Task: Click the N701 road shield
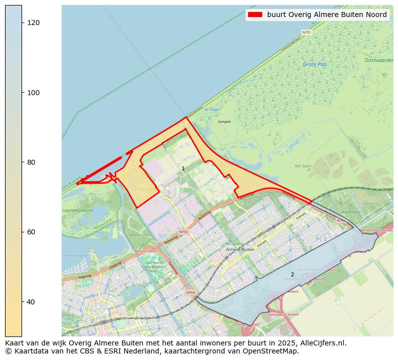(307, 33)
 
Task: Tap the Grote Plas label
(315, 64)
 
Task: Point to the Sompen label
(224, 122)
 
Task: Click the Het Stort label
(303, 166)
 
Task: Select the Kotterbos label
(351, 212)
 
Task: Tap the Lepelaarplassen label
(78, 211)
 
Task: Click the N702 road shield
(183, 232)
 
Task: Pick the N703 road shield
(190, 293)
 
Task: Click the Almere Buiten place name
(240, 249)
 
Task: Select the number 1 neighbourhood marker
(183, 169)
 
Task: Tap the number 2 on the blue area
(292, 274)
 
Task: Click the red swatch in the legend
(255, 15)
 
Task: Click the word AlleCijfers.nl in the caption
(323, 343)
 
